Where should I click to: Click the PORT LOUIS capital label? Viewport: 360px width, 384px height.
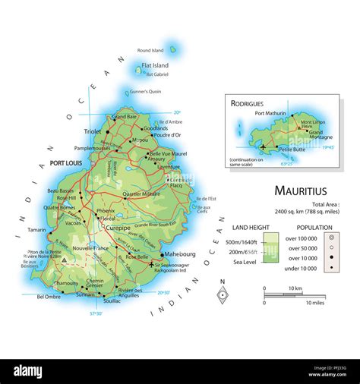pyautogui.click(x=67, y=163)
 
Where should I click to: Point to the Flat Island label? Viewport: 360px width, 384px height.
pyautogui.click(x=155, y=66)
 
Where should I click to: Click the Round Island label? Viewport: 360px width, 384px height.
pyautogui.click(x=150, y=51)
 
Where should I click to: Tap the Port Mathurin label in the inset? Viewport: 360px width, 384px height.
pyautogui.click(x=270, y=114)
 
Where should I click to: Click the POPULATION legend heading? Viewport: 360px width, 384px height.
pyautogui.click(x=314, y=227)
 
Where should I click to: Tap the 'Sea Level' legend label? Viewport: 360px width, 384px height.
pyautogui.click(x=247, y=262)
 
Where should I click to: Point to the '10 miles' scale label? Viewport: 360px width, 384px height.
pyautogui.click(x=315, y=303)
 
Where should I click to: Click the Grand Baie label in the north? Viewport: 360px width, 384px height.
pyautogui.click(x=125, y=117)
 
